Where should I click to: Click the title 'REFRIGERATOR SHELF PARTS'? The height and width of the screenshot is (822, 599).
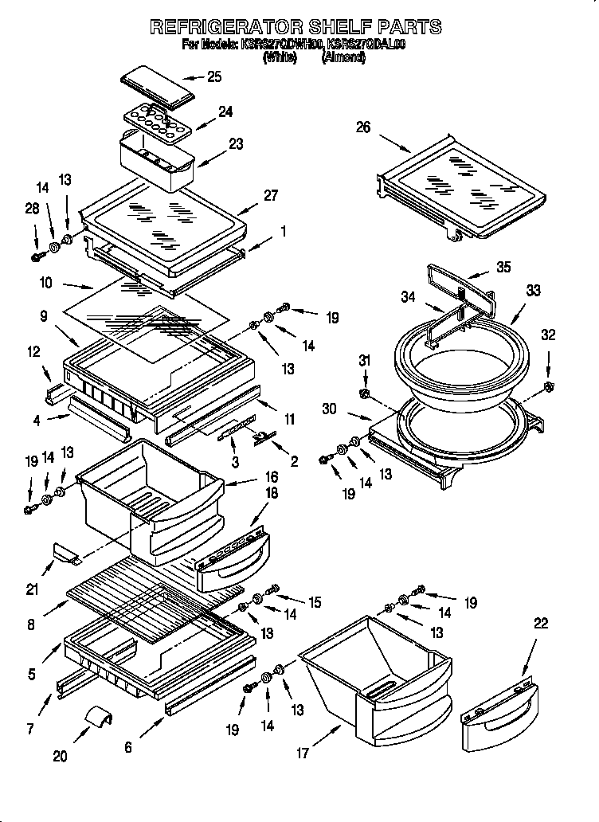point(296,26)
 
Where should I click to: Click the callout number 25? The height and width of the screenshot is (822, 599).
point(213,77)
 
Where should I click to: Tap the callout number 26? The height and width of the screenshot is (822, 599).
point(363,127)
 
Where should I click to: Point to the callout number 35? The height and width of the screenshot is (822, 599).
point(503,268)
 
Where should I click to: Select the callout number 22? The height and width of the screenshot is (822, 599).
point(540,624)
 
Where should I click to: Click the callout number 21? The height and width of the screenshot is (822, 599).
point(32,589)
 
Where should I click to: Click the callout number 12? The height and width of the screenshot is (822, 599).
point(33,351)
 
